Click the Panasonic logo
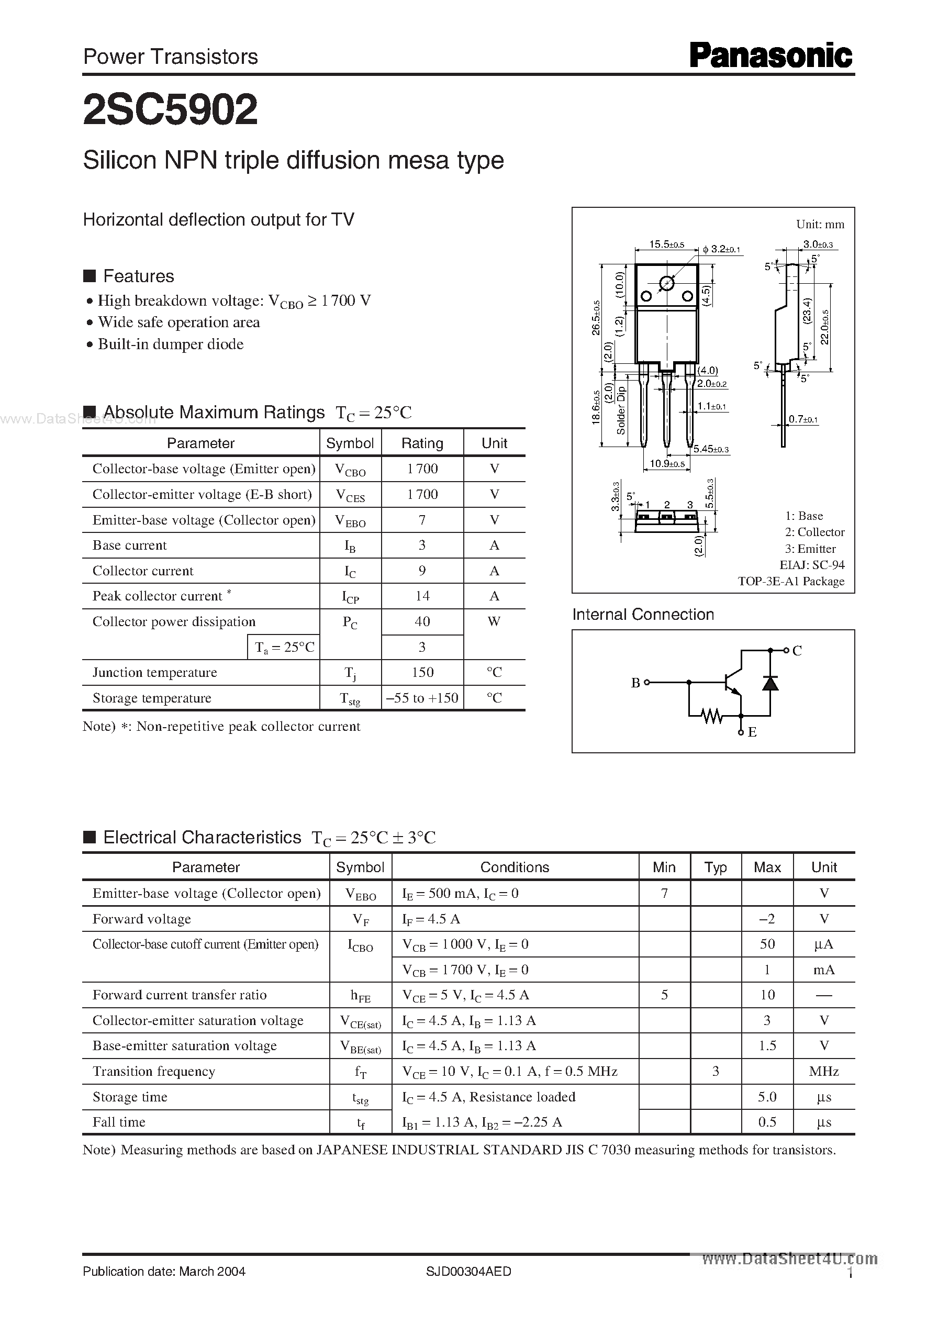[x=771, y=56]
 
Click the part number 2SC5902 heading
[x=171, y=110]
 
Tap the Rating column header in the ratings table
[x=422, y=443]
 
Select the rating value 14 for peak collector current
[x=422, y=596]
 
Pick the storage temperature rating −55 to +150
[x=422, y=698]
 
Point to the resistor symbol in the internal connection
[x=713, y=717]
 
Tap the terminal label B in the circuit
[x=635, y=683]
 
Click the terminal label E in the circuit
[x=752, y=732]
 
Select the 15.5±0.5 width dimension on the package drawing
[x=666, y=244]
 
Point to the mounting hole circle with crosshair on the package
[x=666, y=283]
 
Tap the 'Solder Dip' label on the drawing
[x=621, y=410]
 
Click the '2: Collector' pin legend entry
[x=814, y=532]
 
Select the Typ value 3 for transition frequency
[x=716, y=1072]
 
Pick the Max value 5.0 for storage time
[x=767, y=1097]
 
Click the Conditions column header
[x=515, y=867]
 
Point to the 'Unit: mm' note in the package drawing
[x=820, y=224]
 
